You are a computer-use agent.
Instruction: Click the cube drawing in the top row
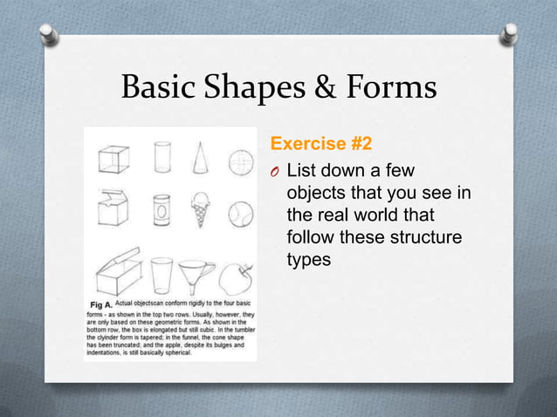coord(112,160)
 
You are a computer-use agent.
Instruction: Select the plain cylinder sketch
coord(162,158)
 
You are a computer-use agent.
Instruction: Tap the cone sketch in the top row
coord(202,158)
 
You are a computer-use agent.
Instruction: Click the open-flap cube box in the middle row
coord(113,208)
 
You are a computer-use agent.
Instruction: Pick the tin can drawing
coord(162,210)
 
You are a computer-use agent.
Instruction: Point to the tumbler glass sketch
coord(162,275)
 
